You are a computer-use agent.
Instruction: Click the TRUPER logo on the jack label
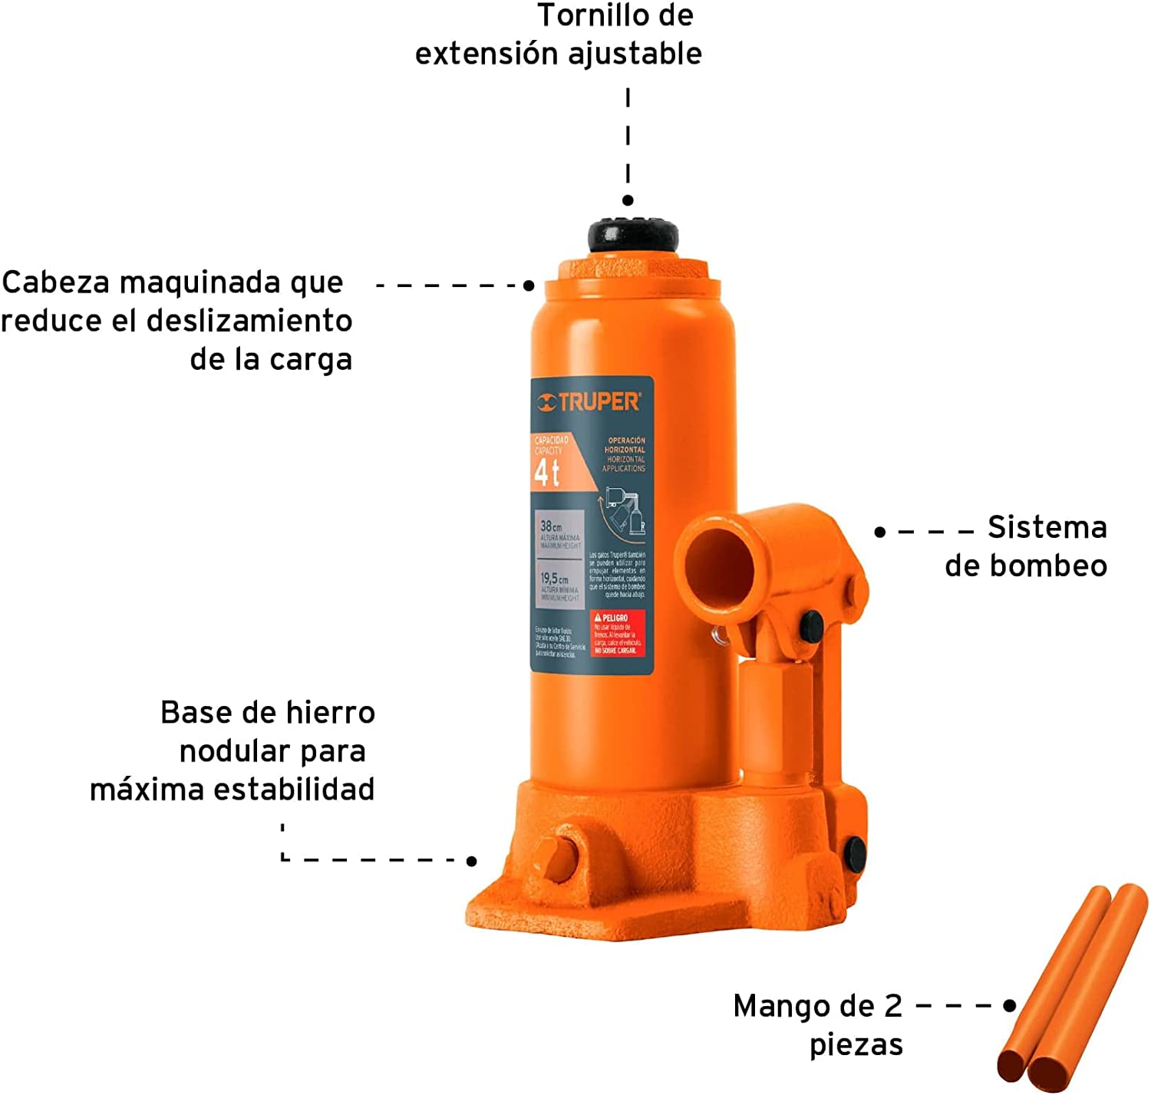point(589,401)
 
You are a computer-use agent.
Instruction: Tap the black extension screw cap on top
point(633,235)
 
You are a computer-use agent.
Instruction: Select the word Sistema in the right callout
point(1047,528)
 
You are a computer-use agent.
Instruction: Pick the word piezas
point(856,1045)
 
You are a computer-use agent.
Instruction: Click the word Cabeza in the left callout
point(56,283)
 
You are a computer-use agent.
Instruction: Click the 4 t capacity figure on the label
point(546,472)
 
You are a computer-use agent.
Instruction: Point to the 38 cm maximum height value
point(551,526)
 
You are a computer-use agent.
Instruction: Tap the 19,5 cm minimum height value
point(554,578)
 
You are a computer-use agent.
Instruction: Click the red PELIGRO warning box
point(618,634)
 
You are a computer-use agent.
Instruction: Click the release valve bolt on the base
point(558,856)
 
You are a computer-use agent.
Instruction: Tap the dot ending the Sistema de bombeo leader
point(879,531)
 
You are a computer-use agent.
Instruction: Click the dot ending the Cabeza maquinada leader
point(529,285)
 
